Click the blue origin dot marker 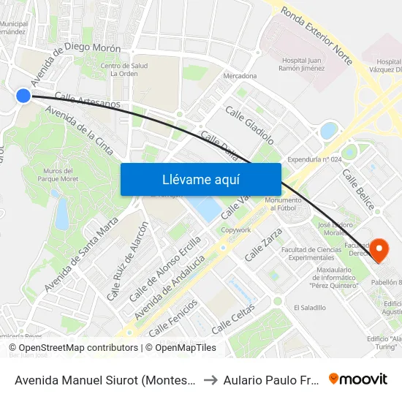pos(23,95)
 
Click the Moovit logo pos(358,379)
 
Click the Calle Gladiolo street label pos(249,125)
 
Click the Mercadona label pos(240,76)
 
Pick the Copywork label pos(236,230)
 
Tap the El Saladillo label pos(309,308)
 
